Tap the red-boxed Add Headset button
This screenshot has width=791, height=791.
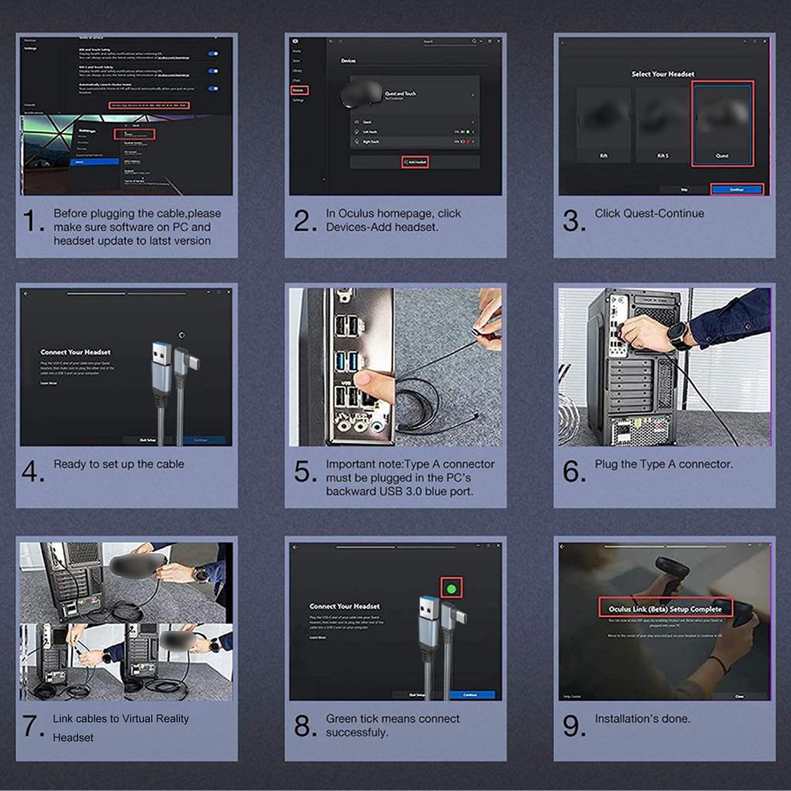pyautogui.click(x=415, y=162)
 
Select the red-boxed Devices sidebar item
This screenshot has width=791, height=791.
pyautogui.click(x=299, y=90)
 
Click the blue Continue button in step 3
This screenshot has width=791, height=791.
pyautogui.click(x=736, y=188)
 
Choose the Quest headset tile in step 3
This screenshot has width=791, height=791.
pyautogui.click(x=721, y=124)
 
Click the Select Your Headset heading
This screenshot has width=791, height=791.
pyautogui.click(x=663, y=74)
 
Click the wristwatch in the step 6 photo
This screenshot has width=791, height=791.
pyautogui.click(x=677, y=335)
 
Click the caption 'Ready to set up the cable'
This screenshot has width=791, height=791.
pyautogui.click(x=119, y=464)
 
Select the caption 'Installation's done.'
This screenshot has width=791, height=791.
pyautogui.click(x=642, y=718)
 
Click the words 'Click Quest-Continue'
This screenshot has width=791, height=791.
pyautogui.click(x=649, y=213)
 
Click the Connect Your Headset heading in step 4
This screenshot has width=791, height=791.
pyautogui.click(x=76, y=352)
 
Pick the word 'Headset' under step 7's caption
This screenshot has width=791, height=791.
pyautogui.click(x=73, y=738)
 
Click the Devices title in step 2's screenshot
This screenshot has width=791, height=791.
pyautogui.click(x=348, y=60)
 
